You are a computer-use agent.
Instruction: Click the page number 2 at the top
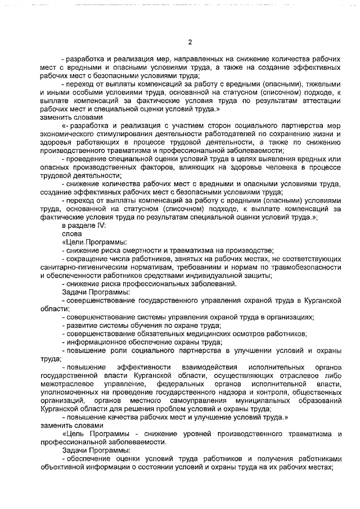[x=190, y=42]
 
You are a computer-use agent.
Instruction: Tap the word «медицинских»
[x=202, y=334]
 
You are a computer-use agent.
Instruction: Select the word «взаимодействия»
[x=211, y=367]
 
